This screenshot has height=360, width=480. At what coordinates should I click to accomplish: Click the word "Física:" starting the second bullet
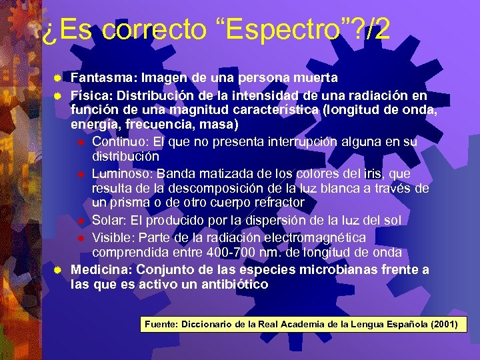[90, 95]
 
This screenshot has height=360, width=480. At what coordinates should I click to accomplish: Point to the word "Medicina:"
[99, 270]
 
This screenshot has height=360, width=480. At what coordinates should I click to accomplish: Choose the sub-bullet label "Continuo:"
[117, 141]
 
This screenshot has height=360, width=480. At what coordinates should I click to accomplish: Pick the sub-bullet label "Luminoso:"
[121, 173]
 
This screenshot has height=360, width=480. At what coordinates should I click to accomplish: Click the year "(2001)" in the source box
[443, 325]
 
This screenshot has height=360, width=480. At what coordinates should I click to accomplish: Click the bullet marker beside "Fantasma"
[58, 79]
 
